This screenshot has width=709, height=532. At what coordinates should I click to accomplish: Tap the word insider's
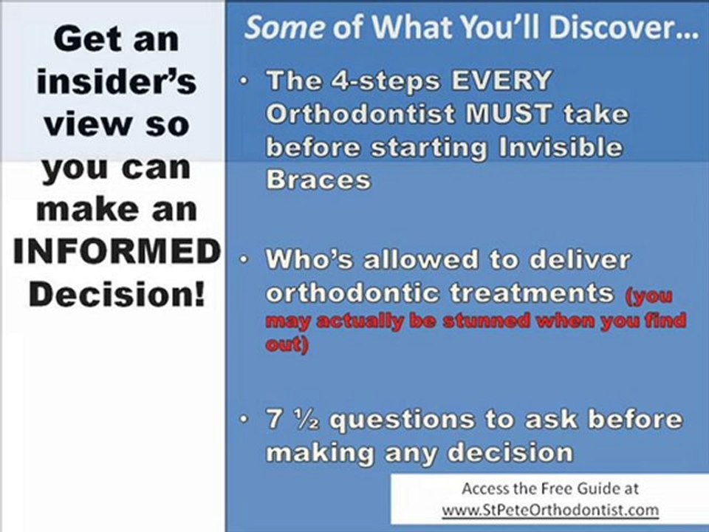point(117,81)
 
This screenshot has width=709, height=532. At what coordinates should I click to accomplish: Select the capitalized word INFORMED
point(117,253)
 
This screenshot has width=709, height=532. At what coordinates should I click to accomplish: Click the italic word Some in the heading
point(284,28)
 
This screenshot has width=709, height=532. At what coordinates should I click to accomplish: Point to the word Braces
point(318,180)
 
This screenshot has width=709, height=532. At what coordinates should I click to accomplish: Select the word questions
point(414,420)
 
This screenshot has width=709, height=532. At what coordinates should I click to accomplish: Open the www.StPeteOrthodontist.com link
point(549,510)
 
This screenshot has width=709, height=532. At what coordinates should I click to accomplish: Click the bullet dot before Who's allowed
point(244,260)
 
